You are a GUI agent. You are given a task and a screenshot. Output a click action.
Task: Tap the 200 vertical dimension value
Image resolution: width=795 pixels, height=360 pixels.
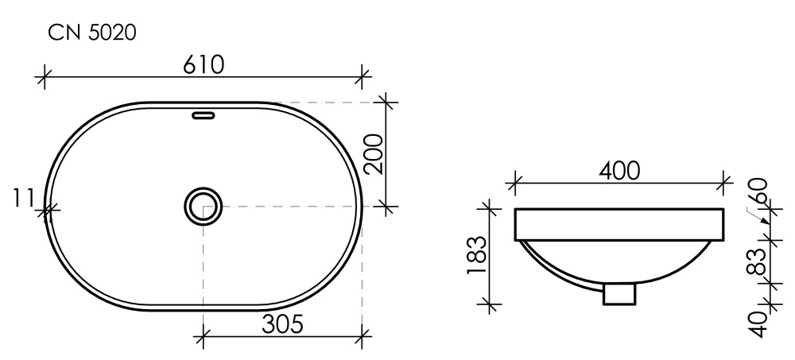pyautogui.click(x=374, y=154)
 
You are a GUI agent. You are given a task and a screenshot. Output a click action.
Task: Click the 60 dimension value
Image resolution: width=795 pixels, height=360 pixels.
pyautogui.click(x=759, y=191)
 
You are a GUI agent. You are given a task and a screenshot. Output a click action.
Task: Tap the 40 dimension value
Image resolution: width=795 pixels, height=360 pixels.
pyautogui.click(x=759, y=323)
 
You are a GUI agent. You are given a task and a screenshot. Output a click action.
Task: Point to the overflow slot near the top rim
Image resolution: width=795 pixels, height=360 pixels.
pyautogui.click(x=204, y=114)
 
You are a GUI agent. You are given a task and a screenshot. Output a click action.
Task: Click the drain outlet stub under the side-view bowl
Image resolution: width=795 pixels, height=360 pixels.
pyautogui.click(x=619, y=294)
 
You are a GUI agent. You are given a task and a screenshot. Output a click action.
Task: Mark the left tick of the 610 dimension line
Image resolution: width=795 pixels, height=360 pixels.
pyautogui.click(x=45, y=77)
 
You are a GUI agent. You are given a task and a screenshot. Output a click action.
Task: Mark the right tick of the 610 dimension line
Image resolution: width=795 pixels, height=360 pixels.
pyautogui.click(x=363, y=77)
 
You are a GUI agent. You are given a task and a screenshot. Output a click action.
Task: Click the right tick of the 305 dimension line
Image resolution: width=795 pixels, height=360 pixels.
pyautogui.click(x=363, y=336)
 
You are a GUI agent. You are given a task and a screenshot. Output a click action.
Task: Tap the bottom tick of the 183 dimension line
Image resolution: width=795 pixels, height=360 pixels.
pyautogui.click(x=491, y=304)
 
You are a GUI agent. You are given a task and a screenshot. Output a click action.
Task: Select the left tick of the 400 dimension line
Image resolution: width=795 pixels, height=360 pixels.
pyautogui.click(x=515, y=183)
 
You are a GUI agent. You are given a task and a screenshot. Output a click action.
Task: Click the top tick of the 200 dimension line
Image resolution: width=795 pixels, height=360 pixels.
pyautogui.click(x=386, y=102)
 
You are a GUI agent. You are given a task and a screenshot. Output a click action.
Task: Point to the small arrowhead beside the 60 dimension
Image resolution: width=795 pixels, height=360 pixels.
pyautogui.click(x=764, y=221)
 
